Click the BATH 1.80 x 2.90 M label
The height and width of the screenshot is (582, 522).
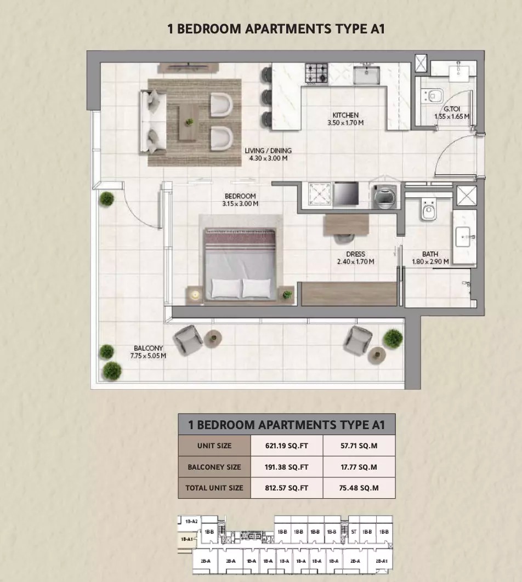pos(430,258)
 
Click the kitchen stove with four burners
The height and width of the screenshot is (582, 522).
pos(316,73)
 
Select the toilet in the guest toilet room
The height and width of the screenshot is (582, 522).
pos(433,97)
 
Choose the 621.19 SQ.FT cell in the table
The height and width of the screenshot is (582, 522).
pos(287,446)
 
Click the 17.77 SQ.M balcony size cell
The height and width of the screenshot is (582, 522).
pos(359,467)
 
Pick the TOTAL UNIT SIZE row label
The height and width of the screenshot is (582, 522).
pos(214,488)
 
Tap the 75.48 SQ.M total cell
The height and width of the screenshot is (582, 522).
pos(359,488)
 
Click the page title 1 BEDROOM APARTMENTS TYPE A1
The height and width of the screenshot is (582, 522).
pos(276,28)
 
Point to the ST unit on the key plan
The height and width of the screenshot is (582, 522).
pos(354,532)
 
